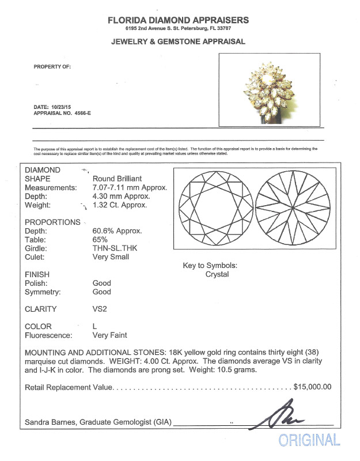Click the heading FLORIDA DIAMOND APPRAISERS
click(x=179, y=20)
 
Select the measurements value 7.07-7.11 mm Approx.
click(x=130, y=187)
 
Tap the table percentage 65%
click(x=100, y=240)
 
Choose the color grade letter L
click(x=95, y=326)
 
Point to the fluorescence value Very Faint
click(x=110, y=335)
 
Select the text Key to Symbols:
click(x=210, y=266)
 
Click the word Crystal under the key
click(x=217, y=274)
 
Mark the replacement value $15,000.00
click(x=312, y=387)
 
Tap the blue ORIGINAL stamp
click(x=309, y=440)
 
